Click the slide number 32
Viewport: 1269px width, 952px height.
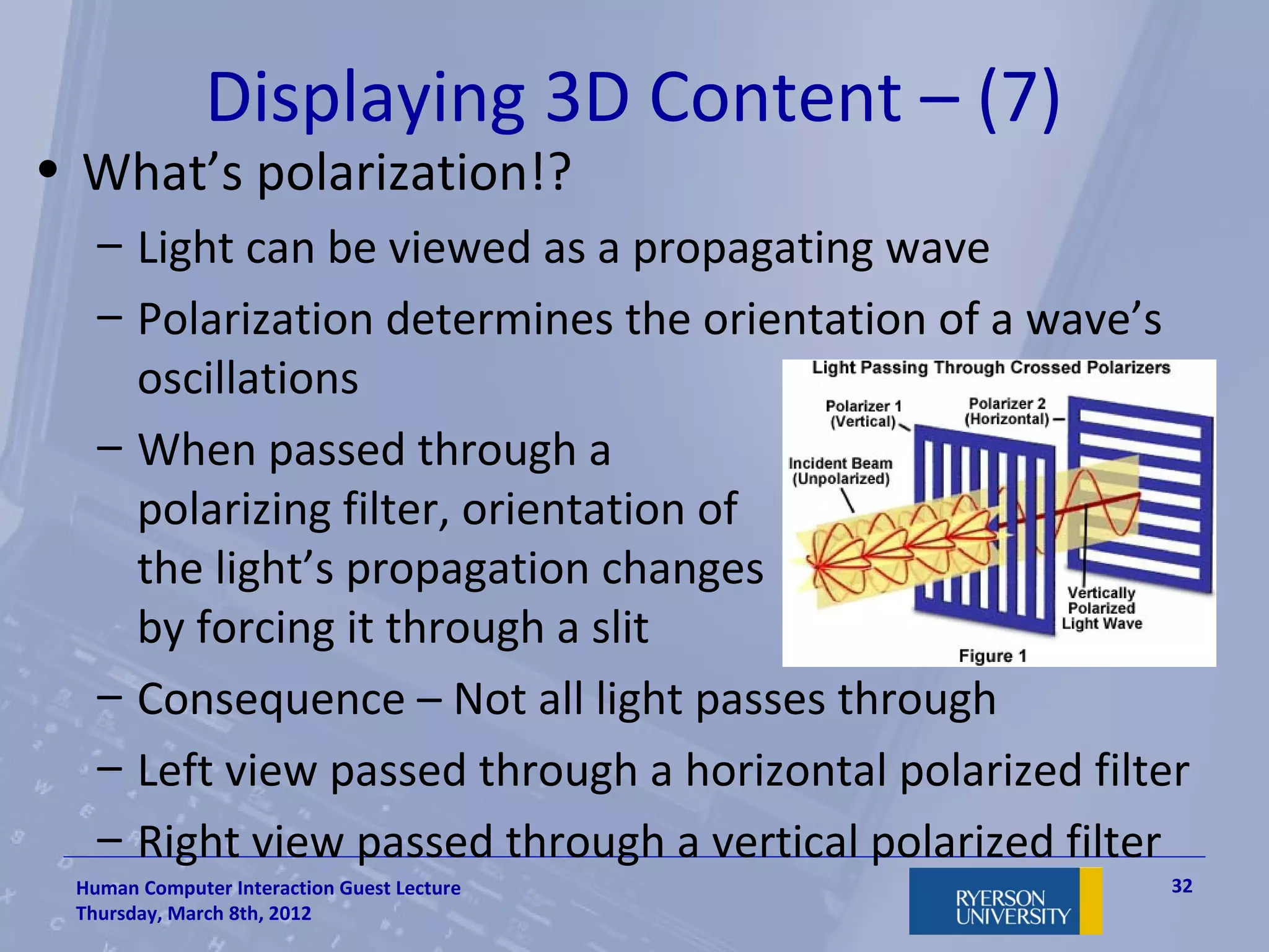[1182, 886]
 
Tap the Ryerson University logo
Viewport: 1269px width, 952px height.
[1005, 901]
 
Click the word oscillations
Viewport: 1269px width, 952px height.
[248, 379]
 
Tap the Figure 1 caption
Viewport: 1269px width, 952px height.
[992, 655]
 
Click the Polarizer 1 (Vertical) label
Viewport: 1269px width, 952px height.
[863, 413]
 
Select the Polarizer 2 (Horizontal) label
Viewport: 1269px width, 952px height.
[1007, 411]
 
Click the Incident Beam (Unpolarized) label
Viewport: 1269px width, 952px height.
[840, 471]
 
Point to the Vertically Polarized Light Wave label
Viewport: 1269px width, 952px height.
[1102, 608]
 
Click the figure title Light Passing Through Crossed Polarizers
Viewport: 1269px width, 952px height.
[991, 368]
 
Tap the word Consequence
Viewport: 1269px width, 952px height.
[271, 700]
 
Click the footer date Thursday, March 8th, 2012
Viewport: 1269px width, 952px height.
[193, 914]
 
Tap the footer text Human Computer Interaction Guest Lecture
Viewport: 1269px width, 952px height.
[268, 888]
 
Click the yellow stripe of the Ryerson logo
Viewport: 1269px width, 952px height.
[1091, 901]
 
